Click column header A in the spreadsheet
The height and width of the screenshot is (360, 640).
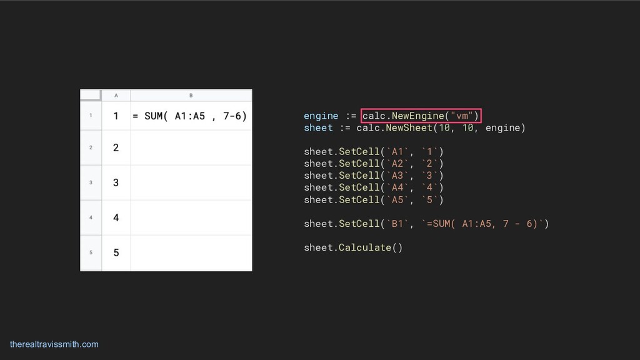point(116,96)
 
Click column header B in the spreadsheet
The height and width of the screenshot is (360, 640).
point(191,96)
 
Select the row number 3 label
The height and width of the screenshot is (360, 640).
point(91,182)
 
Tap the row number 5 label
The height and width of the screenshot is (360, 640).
point(91,252)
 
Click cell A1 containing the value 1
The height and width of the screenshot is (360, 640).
point(116,116)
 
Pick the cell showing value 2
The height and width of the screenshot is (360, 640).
point(116,147)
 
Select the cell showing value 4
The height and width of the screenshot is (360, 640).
point(116,217)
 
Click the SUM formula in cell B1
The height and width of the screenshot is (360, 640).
point(189,116)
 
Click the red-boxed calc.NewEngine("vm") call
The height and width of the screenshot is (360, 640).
point(421,116)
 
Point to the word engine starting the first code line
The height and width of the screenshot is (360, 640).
point(321,116)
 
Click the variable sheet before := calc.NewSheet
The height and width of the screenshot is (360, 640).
point(318,128)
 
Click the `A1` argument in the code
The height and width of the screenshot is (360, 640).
point(399,152)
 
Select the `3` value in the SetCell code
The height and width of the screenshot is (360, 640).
point(432,176)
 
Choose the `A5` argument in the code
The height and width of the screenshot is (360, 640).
point(399,200)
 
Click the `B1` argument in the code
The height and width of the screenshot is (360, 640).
point(399,224)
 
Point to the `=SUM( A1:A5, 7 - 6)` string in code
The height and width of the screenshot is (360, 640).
point(484,224)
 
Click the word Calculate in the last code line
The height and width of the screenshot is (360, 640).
point(364,247)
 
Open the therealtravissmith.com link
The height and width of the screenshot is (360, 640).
point(54,344)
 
